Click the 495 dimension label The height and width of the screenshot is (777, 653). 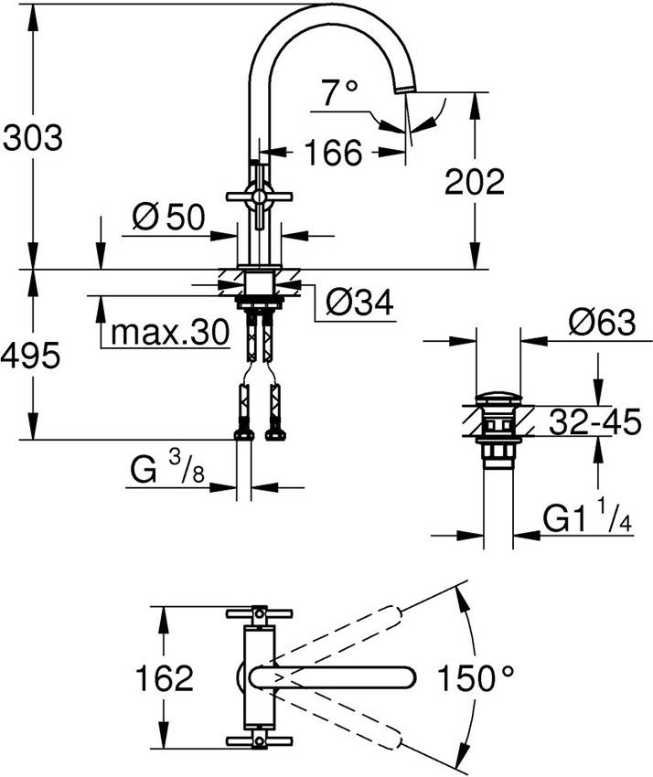pos(32,355)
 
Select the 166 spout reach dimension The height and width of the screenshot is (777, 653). pos(332,153)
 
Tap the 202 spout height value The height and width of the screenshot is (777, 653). pos(474,183)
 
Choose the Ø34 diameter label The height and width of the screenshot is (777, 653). pos(359,302)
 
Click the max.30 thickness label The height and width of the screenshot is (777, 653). pos(167,334)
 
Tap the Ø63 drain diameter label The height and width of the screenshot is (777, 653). pos(601,323)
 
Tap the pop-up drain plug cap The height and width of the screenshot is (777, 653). pos(498,399)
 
